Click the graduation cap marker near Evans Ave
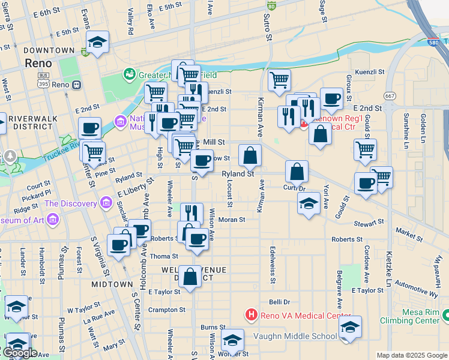97,42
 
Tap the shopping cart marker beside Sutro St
279,80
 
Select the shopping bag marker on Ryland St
250,156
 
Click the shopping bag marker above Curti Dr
297,172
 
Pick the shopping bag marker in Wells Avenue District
190,277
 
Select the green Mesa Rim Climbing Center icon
445,314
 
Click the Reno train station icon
77,85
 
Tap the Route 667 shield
390,95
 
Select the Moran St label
232,220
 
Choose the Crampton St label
167,310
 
